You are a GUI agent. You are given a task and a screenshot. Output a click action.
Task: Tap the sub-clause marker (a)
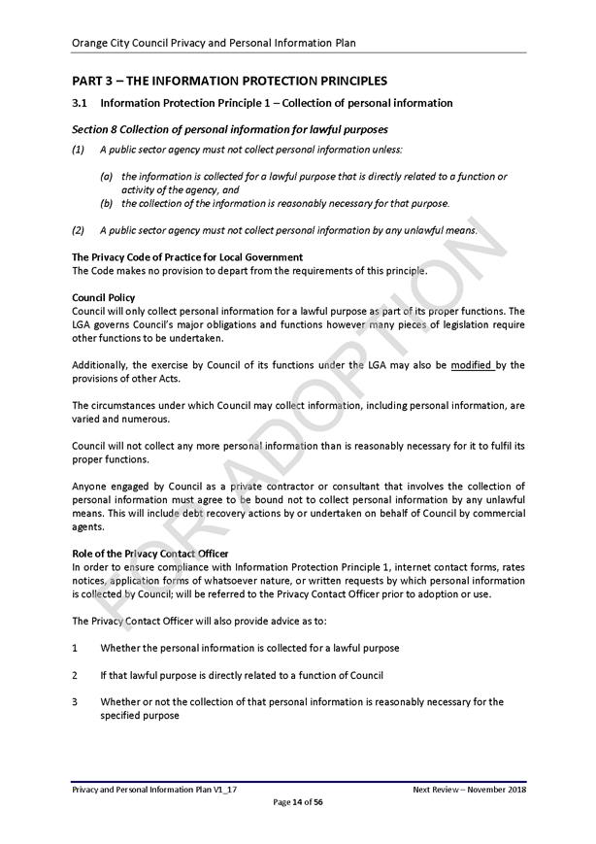[x=107, y=177]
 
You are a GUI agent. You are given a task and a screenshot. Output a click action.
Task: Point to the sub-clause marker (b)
[x=107, y=204]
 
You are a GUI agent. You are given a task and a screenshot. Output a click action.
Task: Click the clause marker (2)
[x=78, y=230]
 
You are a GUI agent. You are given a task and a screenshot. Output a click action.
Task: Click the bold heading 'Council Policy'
[x=104, y=297]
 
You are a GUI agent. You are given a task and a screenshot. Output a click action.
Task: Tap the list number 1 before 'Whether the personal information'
[x=76, y=648]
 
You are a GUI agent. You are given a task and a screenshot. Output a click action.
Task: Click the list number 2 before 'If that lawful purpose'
[x=76, y=675]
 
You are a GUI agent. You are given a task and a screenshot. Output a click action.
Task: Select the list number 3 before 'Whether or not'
[x=76, y=701]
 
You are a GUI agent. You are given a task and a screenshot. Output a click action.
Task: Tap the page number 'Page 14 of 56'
[x=298, y=802]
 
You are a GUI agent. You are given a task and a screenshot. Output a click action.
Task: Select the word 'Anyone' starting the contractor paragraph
[x=89, y=486]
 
